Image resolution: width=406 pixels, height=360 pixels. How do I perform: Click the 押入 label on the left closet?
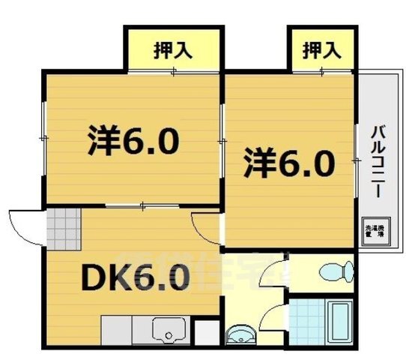pos(173,51)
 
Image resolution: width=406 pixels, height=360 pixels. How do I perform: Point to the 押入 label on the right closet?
pos(322,51)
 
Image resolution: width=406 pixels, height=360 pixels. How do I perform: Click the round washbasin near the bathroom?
pos(240,333)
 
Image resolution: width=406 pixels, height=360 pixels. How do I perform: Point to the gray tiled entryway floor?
pos(61,224)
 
